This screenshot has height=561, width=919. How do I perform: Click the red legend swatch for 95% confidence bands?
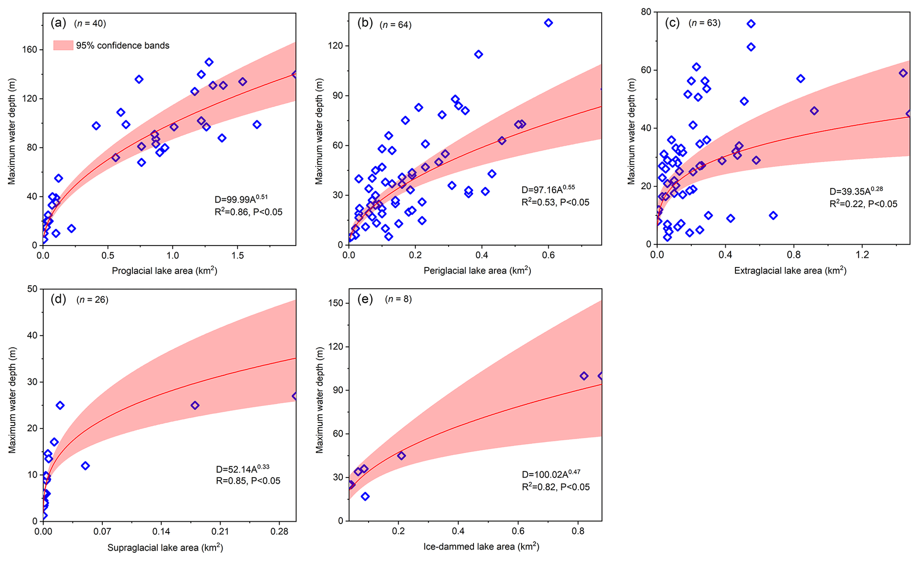coord(63,45)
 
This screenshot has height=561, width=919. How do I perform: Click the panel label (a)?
coord(58,23)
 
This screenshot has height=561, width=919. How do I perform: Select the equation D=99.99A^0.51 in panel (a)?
coord(241,199)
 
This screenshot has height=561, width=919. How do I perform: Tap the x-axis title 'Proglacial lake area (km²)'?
coord(165,271)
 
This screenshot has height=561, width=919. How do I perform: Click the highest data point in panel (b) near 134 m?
coord(548,23)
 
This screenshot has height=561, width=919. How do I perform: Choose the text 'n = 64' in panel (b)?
coord(396,25)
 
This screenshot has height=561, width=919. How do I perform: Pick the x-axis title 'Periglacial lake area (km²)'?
coord(477,271)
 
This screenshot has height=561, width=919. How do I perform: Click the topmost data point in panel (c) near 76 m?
coord(751,24)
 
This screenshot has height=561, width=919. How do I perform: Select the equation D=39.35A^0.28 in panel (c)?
coord(856,191)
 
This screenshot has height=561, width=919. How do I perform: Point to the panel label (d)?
coord(58,299)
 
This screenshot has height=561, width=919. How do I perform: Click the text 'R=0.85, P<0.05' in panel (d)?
coord(248,481)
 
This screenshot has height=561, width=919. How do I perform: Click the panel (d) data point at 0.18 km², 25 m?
coord(195,405)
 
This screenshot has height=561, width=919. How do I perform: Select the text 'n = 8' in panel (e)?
coord(398,299)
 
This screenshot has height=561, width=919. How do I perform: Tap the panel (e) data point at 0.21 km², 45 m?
coord(401,456)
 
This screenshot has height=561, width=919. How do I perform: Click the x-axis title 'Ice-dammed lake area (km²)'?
coord(481,547)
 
